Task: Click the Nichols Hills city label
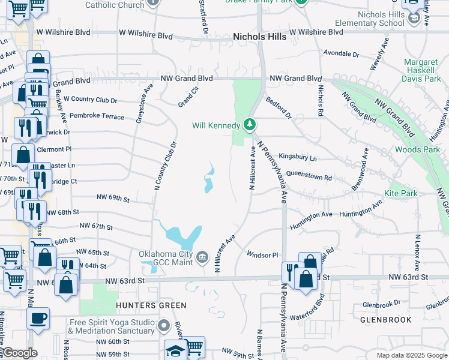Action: tap(259, 37)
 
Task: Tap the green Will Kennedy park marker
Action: tap(250, 125)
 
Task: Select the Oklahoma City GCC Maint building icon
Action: tap(202, 257)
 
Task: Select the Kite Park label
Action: tap(400, 193)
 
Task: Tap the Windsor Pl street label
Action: tap(263, 255)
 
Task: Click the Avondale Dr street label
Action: tap(341, 53)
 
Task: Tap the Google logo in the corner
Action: tap(20, 353)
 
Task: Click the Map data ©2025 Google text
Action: tap(411, 355)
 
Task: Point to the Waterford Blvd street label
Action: tap(307, 316)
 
